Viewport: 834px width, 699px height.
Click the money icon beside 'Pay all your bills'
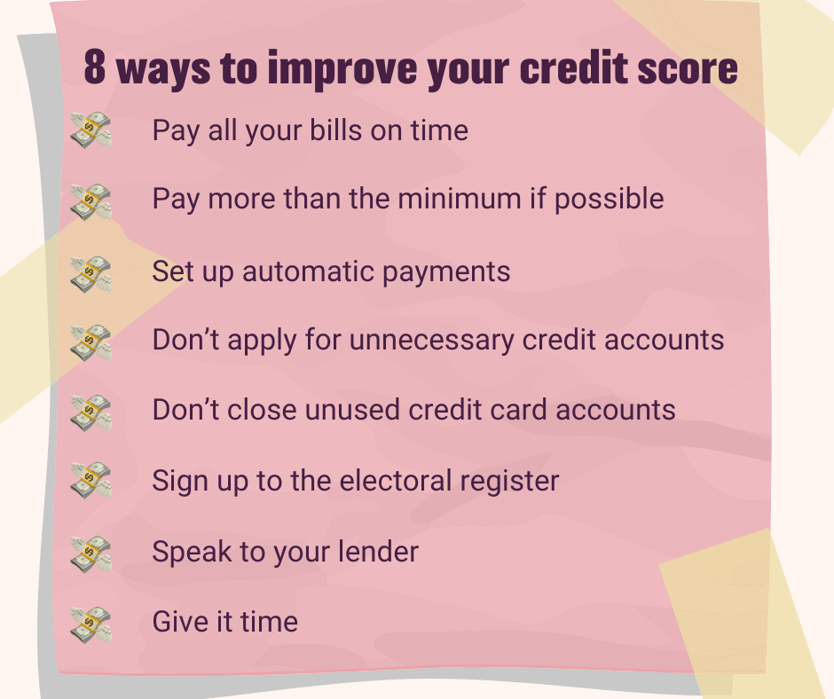pyautogui.click(x=91, y=131)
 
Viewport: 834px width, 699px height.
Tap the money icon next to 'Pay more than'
pyautogui.click(x=91, y=201)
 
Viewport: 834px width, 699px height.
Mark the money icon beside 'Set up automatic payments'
pyautogui.click(x=91, y=272)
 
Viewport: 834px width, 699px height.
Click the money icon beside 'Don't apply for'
pyautogui.click(x=91, y=342)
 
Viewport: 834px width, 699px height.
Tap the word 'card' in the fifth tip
pyautogui.click(x=521, y=410)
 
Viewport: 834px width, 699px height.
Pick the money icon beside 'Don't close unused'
pyautogui.click(x=91, y=412)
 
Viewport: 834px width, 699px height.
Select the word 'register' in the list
pyautogui.click(x=513, y=482)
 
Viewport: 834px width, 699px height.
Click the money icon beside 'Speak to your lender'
pyautogui.click(x=91, y=553)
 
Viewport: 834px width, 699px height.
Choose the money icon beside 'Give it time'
pyautogui.click(x=91, y=624)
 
